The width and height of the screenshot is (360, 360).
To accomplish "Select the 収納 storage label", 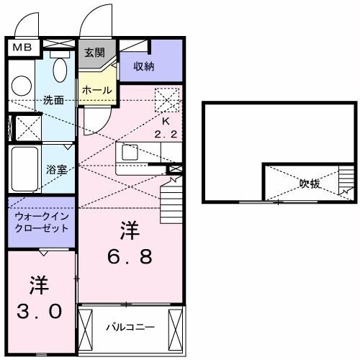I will coord(144,66).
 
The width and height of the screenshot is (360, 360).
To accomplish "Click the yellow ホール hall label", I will coord(96,90).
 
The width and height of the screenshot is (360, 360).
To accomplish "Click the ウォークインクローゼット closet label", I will coord(41,222).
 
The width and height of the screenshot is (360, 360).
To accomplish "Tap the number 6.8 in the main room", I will coord(130,257).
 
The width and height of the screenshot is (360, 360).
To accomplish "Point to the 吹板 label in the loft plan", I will coord(310,184).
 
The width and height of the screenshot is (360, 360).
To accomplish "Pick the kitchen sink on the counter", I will coord(131,153).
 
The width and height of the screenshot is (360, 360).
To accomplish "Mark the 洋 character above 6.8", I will coord(130,231).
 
